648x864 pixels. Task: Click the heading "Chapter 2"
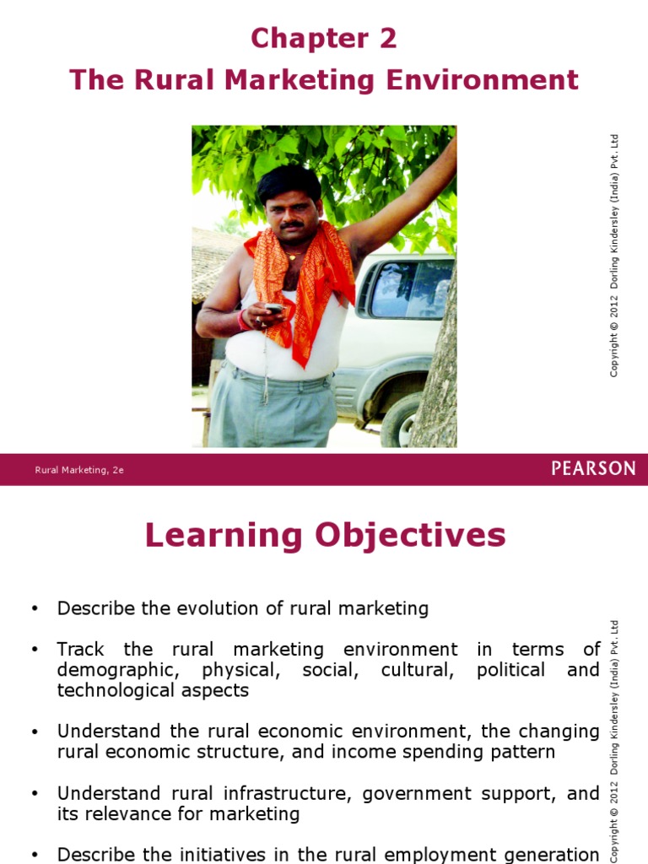(x=323, y=38)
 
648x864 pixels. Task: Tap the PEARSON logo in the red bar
(x=593, y=469)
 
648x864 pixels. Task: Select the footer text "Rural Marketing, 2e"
(x=79, y=470)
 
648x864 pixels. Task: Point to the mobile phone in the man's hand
(x=274, y=309)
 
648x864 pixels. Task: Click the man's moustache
(x=292, y=225)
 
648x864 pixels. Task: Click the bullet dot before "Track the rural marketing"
(x=34, y=650)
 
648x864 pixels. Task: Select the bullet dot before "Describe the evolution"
(x=34, y=608)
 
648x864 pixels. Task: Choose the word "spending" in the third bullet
(x=452, y=752)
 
